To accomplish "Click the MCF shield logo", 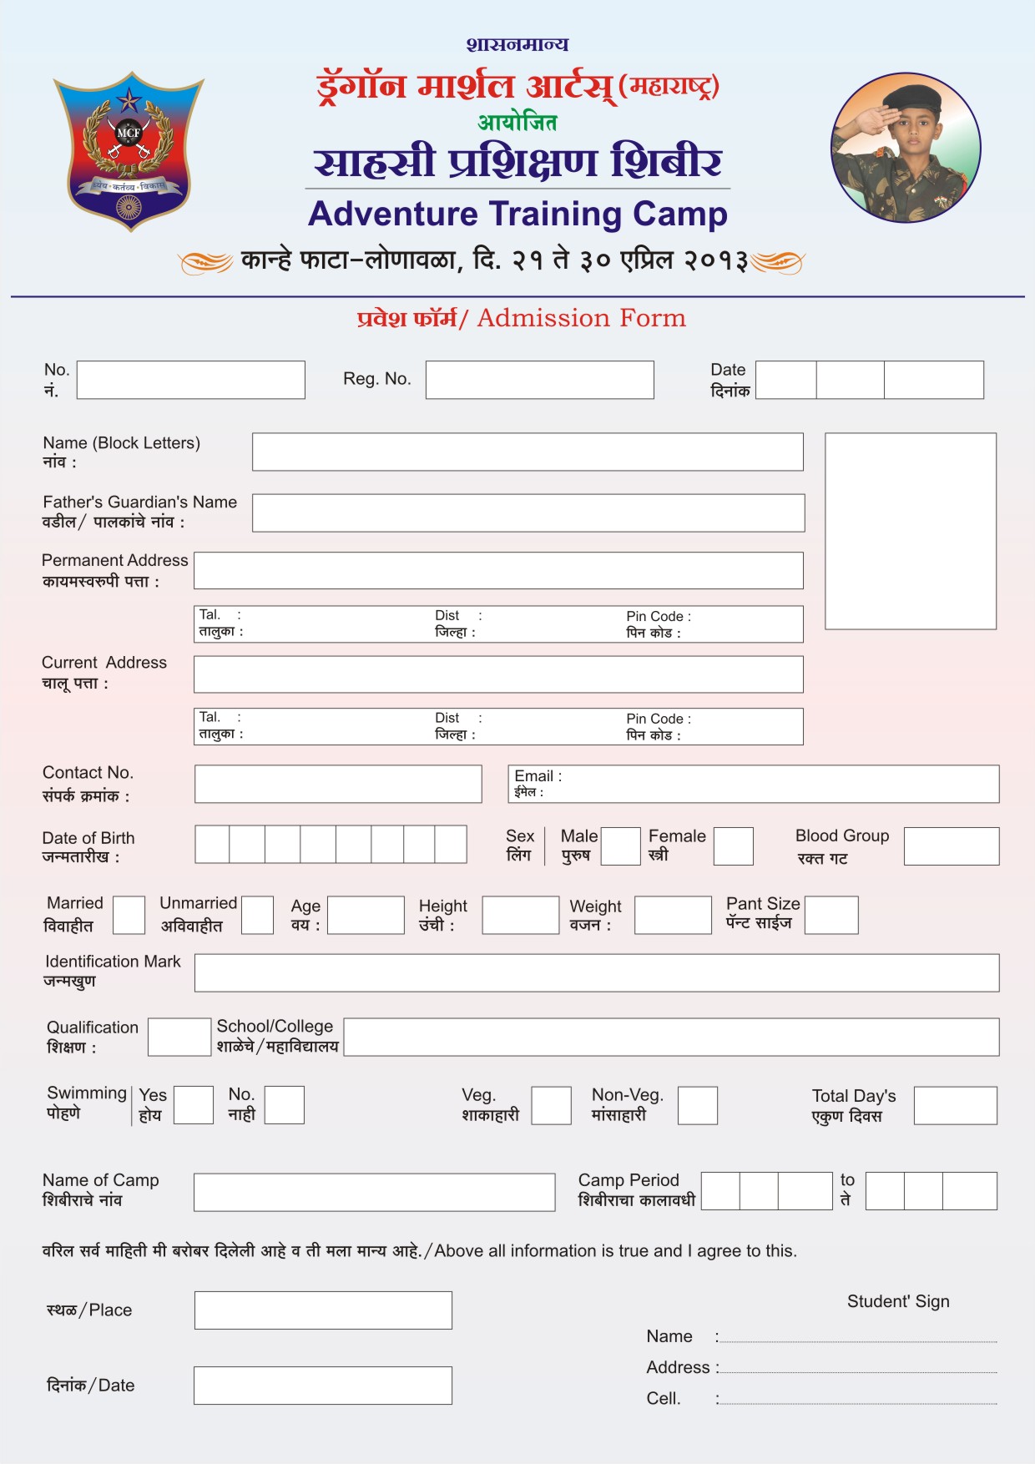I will coord(129,150).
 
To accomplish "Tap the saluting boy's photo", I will coord(906,148).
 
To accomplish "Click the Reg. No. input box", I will coord(539,380).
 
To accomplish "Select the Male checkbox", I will coord(620,846).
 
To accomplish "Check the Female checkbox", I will coord(733,846).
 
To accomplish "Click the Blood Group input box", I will coord(951,846).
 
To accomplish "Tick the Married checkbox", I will coord(129,915).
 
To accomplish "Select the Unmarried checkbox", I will coord(257,915).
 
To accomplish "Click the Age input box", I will coord(366,915).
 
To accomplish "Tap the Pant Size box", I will coord(831,915).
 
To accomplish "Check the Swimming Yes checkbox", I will coord(194,1105).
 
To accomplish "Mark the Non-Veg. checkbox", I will coord(698,1105).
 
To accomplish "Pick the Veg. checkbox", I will coord(552,1105).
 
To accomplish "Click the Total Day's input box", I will coord(955,1105).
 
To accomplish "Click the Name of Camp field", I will coord(374,1192).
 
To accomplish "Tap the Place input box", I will coord(323,1310).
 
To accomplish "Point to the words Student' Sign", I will coord(898,1301).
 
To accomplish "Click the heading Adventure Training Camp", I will coord(517,214).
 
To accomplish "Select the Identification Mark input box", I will coord(596,973).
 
